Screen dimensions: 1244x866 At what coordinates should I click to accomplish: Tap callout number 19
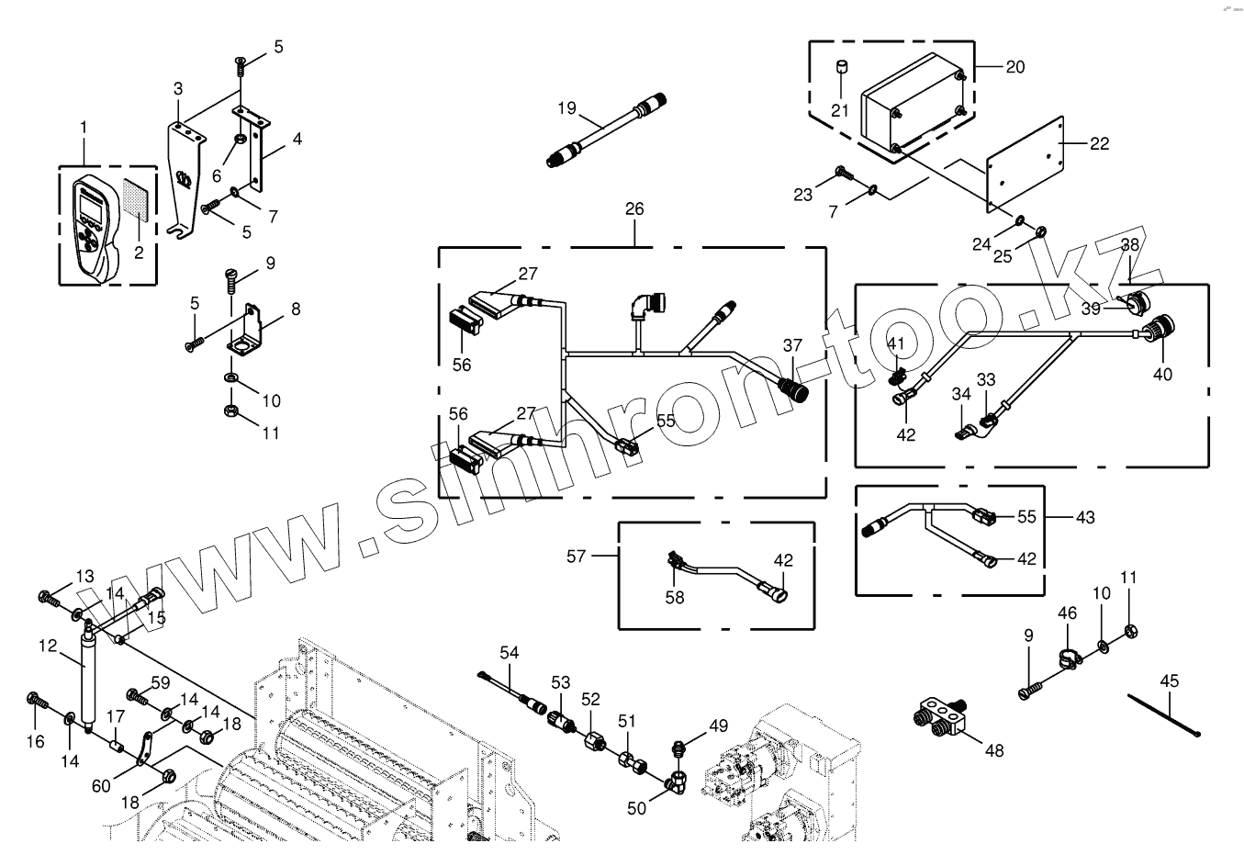[x=566, y=108]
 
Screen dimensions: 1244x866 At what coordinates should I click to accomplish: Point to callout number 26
[x=634, y=209]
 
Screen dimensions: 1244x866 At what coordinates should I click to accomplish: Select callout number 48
[x=994, y=750]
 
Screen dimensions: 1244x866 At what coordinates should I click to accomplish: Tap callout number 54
[x=509, y=652]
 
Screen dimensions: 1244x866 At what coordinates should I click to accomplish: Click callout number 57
[x=576, y=556]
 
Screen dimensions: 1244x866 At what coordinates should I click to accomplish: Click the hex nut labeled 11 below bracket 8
[x=231, y=410]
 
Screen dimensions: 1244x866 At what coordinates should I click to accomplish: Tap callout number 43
[x=1085, y=517]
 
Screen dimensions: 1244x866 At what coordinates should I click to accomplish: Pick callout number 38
[x=1129, y=245]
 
